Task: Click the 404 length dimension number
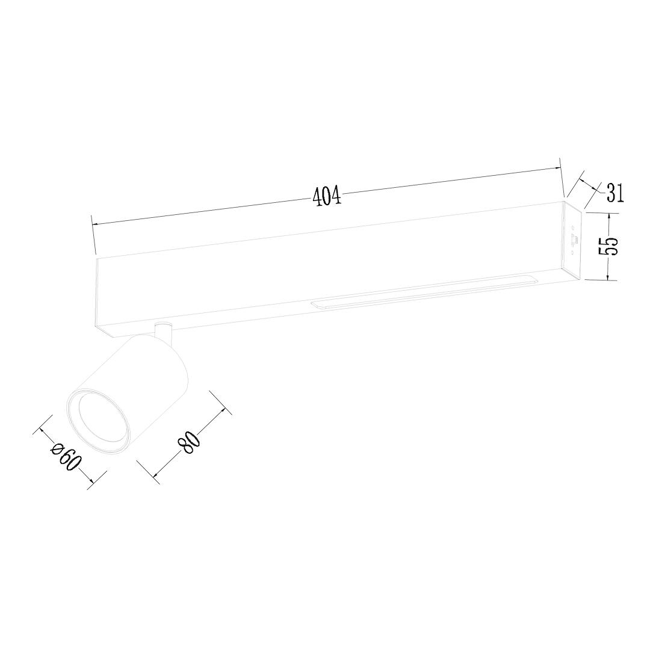327,195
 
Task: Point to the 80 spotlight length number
190,443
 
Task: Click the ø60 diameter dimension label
66,457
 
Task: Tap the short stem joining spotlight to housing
162,332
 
